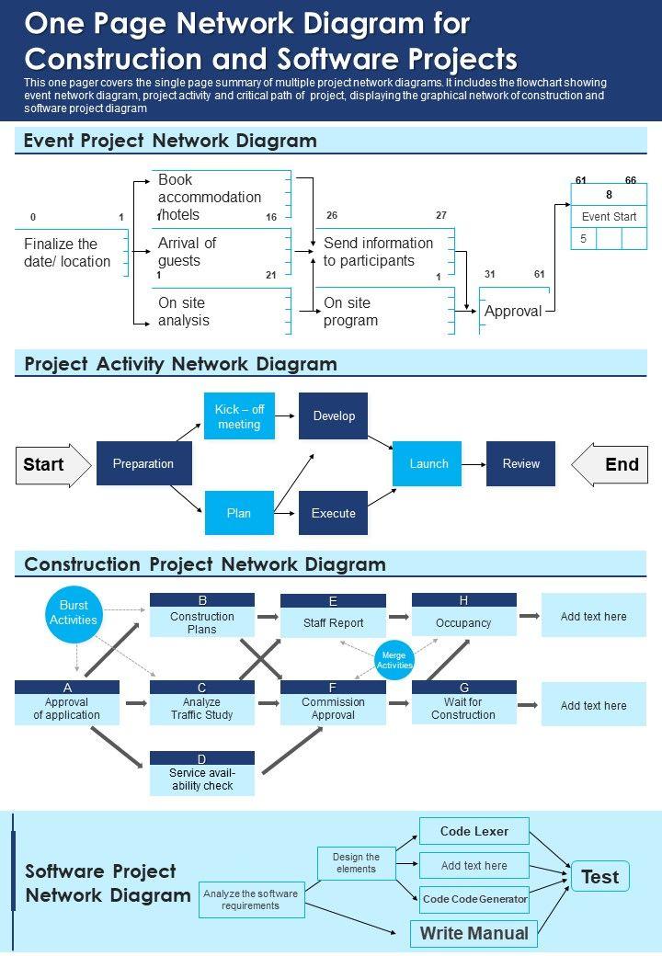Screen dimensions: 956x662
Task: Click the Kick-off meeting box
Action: (x=239, y=416)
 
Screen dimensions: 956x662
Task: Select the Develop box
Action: (x=333, y=415)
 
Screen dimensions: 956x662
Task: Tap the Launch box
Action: (x=428, y=463)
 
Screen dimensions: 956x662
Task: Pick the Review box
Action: (x=520, y=463)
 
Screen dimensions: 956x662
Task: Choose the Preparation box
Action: (x=143, y=463)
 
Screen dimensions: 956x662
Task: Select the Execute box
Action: (x=333, y=513)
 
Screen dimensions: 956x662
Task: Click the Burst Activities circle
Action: (x=74, y=613)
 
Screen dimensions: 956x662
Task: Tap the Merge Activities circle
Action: (x=394, y=660)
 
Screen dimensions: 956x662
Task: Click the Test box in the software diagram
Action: (x=599, y=877)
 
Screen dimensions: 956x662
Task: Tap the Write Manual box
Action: (x=474, y=933)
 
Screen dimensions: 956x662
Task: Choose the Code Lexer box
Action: (x=474, y=831)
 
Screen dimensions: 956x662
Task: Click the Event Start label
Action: (x=609, y=217)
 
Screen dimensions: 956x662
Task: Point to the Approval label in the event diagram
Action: (x=512, y=312)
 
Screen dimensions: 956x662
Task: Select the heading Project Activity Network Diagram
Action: (x=180, y=364)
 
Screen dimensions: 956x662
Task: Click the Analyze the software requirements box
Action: (x=250, y=899)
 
